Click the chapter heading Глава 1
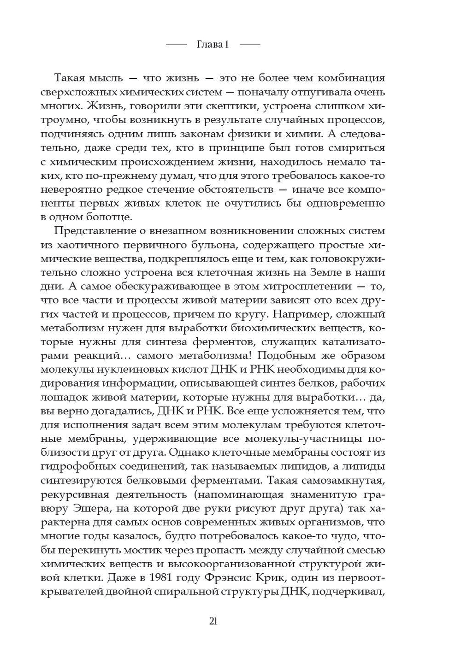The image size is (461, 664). click(x=213, y=45)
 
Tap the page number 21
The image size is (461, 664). click(x=213, y=621)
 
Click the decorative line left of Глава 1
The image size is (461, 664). click(x=176, y=45)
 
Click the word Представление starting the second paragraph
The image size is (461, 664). click(x=90, y=230)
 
